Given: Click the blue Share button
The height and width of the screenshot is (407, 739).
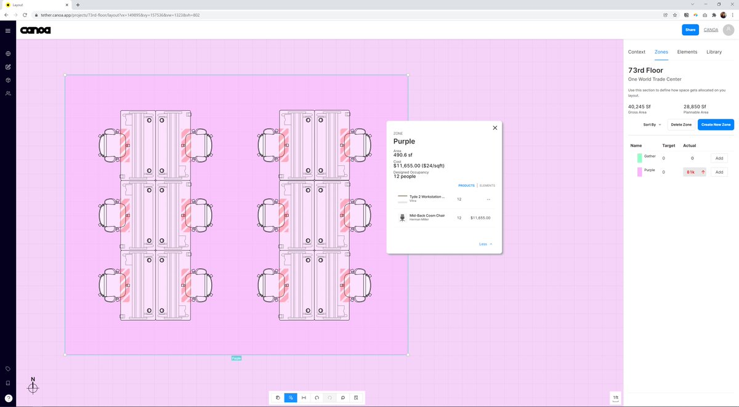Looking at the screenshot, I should pos(690,30).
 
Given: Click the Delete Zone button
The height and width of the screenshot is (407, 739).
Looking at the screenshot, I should pos(680,124).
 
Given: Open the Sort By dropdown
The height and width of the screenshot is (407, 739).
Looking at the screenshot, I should pos(652,124).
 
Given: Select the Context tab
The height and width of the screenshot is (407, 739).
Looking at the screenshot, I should pos(636,52).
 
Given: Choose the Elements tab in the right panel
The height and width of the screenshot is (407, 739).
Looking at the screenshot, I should pos(687,52).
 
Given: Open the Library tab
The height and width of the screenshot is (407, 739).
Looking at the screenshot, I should pos(714,52).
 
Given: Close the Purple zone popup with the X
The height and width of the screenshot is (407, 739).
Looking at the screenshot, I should pos(495,128).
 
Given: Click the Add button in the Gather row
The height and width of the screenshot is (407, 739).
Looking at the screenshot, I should pos(719,158).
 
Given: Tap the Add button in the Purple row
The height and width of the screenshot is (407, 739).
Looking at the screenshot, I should pos(719,172).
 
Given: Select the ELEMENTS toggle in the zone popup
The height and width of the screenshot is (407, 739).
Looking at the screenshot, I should pos(487,185).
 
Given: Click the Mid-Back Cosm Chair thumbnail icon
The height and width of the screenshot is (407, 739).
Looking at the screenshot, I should pos(403,217).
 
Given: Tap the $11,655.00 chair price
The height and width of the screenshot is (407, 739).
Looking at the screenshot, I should pos(480,217).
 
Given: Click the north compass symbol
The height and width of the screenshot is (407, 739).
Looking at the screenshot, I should pos(33,387).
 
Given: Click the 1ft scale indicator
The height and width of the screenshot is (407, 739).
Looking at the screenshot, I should pos(616,398).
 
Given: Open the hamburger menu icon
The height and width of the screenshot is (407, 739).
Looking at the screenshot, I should pos(8,30).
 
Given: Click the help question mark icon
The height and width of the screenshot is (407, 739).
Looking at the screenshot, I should pos(8,398).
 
